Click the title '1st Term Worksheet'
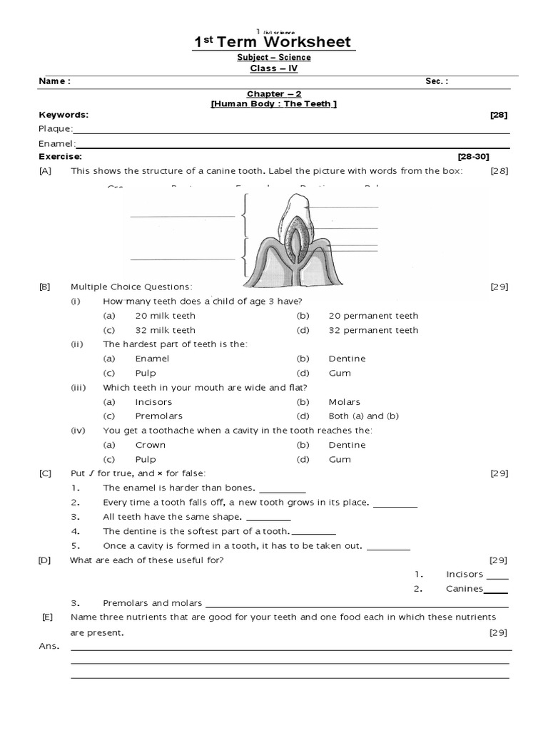[x=274, y=43]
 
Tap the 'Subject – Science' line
[x=274, y=58]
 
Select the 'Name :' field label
[x=54, y=81]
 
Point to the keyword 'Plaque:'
[x=55, y=129]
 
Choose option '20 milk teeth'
[x=165, y=316]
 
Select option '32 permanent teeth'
[x=373, y=330]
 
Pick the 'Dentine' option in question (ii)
[x=347, y=359]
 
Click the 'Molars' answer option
[x=344, y=402]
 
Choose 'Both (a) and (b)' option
[x=363, y=416]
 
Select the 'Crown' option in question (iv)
[x=150, y=445]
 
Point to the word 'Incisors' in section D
[x=465, y=574]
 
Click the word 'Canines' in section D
[x=465, y=589]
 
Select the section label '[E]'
[x=47, y=617]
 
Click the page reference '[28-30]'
[x=473, y=156]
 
